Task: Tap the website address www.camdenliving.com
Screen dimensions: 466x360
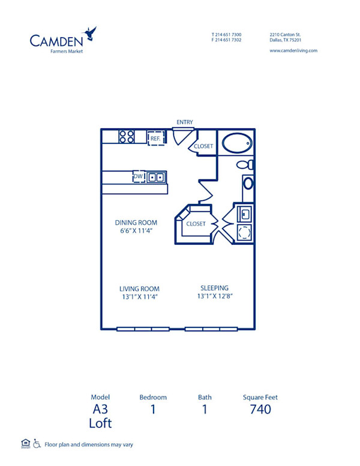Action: tap(293, 50)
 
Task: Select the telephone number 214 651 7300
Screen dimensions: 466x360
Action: tap(229, 34)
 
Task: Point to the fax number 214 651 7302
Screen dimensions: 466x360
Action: tap(229, 40)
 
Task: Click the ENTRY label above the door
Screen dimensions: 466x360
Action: tap(184, 122)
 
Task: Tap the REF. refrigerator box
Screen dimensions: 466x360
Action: tap(155, 138)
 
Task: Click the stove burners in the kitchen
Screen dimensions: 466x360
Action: tap(126, 137)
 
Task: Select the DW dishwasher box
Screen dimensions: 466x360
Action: tap(139, 176)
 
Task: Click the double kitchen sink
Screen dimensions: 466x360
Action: tap(156, 177)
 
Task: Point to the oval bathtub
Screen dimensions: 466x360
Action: tap(236, 144)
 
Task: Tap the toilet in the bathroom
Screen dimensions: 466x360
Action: tap(245, 164)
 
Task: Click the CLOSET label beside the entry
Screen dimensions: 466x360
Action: tap(203, 146)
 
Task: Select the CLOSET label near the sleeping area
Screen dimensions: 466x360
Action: tap(196, 224)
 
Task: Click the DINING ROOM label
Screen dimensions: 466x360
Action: tap(136, 223)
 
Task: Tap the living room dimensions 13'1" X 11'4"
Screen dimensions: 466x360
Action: tap(139, 296)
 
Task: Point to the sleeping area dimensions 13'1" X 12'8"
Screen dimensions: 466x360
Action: tap(214, 296)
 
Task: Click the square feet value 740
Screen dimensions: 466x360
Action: tap(260, 410)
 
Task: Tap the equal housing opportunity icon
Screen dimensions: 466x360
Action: tap(25, 443)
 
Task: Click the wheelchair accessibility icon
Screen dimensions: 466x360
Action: tap(37, 444)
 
